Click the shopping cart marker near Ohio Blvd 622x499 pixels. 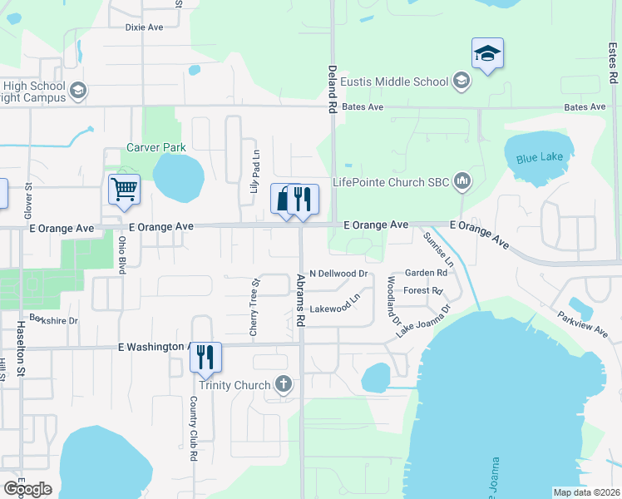(124, 189)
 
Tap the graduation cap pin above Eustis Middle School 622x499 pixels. (486, 54)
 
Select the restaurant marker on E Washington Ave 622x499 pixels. (205, 357)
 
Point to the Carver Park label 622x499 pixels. (155, 147)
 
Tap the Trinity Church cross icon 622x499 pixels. (284, 385)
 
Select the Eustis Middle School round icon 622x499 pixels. (462, 82)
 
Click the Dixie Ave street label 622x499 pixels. (144, 27)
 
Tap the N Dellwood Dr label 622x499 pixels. (338, 273)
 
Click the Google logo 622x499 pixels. (27, 489)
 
